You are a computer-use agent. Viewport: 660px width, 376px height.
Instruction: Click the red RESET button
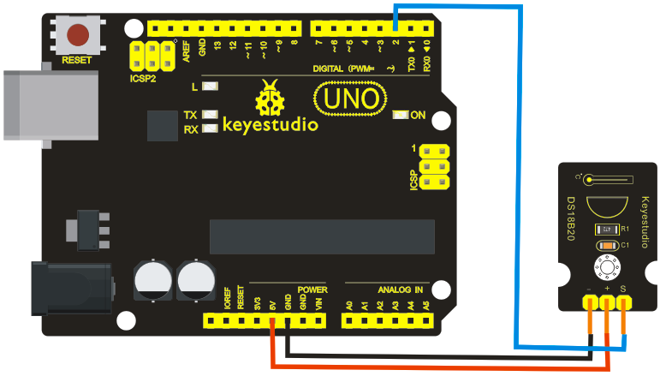(80, 35)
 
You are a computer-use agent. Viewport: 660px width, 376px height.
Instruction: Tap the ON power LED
(400, 115)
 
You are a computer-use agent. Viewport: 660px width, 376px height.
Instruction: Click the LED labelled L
(209, 87)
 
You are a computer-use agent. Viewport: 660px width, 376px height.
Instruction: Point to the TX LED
(208, 114)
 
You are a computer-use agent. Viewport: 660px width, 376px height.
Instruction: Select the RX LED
(208, 129)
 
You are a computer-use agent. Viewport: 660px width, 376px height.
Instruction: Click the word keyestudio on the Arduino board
(271, 125)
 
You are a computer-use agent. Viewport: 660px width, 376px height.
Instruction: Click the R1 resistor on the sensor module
(607, 230)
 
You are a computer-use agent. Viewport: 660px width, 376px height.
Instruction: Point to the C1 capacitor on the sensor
(607, 246)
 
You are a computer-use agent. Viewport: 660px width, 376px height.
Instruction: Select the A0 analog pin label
(348, 304)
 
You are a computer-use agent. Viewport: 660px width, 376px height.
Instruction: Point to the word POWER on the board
(312, 289)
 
